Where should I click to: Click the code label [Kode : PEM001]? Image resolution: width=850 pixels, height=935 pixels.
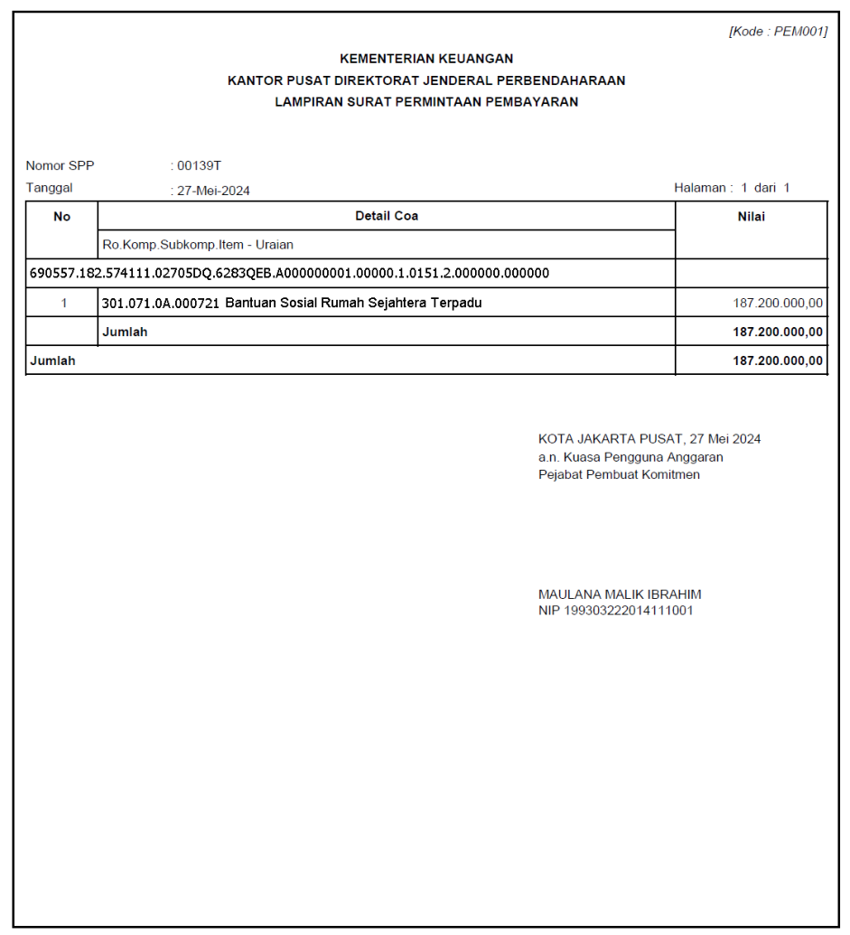point(778,32)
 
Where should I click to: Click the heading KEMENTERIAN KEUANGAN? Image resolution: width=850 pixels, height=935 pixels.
point(426,59)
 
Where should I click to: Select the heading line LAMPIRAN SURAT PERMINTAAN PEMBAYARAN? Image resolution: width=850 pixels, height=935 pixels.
point(426,102)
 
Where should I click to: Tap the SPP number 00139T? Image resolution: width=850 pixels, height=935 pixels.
point(200,166)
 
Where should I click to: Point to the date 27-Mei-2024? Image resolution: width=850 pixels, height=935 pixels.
point(213,191)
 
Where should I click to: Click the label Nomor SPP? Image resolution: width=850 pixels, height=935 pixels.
point(60,166)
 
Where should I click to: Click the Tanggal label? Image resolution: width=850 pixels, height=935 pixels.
point(49,189)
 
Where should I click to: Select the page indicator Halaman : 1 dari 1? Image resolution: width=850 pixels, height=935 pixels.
point(732,188)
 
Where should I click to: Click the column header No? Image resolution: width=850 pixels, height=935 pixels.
point(61,217)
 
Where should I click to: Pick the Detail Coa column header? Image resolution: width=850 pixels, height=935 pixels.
point(387,216)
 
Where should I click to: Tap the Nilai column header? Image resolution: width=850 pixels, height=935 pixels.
point(751,217)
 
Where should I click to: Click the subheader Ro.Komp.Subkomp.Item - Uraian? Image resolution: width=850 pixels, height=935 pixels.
point(198,245)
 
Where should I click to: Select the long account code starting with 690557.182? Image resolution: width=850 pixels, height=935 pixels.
point(290,273)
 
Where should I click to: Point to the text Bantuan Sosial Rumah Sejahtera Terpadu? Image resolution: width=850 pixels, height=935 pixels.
point(353,303)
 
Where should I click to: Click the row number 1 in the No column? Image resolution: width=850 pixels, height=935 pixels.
point(63,304)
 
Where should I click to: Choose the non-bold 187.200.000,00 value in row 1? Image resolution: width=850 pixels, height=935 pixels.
point(778,304)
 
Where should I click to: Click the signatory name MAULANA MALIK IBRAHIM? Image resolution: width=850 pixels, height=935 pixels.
point(620,594)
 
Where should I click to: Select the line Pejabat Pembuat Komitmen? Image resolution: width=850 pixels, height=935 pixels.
point(619,474)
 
